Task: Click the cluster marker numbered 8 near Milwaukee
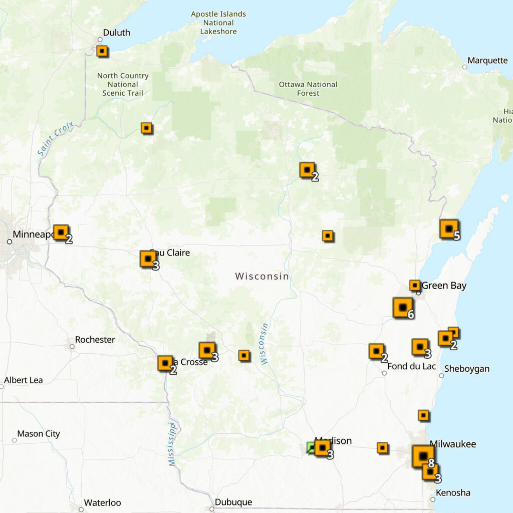pos(423,456)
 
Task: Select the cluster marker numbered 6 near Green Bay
pos(403,308)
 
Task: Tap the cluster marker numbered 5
pos(449,229)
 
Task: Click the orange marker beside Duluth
pos(102,51)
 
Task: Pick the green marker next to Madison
pos(311,447)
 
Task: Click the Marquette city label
pos(487,61)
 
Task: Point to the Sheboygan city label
pos(466,369)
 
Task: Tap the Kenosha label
pos(453,492)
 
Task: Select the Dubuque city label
pos(233,502)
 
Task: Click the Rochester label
pos(95,340)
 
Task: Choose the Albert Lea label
pos(24,380)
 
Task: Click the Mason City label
pos(39,434)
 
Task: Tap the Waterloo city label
pos(102,502)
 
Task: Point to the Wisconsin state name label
pos(262,276)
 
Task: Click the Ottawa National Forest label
pos(308,89)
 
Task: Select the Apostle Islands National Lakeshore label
pos(218,23)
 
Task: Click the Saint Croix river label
pos(55,138)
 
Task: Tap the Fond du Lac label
pos(411,366)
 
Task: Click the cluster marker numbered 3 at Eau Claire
pos(148,259)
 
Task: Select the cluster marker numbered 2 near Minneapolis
pos(61,232)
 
